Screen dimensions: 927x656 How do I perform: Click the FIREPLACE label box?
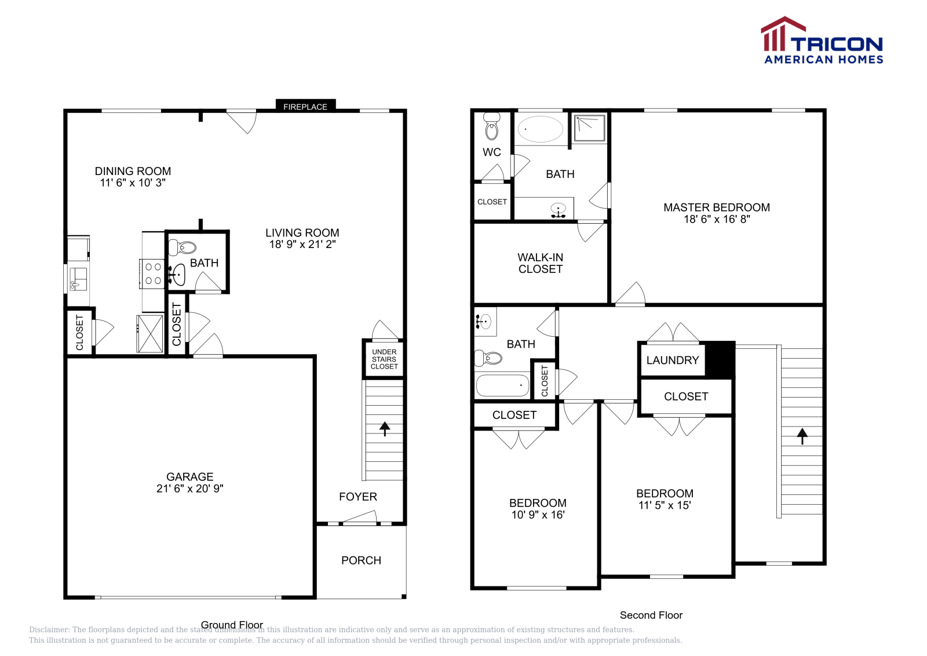tap(305, 106)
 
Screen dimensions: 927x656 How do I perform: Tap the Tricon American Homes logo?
tap(822, 40)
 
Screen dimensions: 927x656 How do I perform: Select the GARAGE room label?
tap(190, 476)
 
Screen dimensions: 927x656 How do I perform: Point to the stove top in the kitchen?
tap(152, 274)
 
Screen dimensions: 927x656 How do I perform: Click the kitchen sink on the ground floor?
tap(78, 279)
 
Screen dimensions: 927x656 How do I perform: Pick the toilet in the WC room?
tap(492, 126)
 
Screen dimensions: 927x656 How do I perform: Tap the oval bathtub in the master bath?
tap(540, 129)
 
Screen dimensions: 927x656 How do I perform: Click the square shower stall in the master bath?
tap(590, 128)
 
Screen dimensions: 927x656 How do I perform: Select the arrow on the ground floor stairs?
tap(385, 429)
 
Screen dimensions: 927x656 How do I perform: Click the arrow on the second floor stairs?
tap(802, 436)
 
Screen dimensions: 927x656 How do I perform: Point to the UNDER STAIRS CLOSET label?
tap(384, 359)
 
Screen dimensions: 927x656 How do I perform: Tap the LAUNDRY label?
tap(673, 360)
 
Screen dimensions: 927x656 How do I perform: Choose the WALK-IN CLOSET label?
tap(541, 263)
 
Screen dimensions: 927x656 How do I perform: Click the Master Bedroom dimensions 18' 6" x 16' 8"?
tap(717, 219)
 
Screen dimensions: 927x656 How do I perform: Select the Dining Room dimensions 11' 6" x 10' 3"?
tap(133, 183)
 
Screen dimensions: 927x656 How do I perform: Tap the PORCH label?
tap(361, 560)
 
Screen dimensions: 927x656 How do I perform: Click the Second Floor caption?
tap(651, 615)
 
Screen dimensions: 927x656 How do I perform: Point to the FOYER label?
tap(358, 496)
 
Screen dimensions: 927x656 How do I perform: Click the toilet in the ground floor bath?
tap(183, 247)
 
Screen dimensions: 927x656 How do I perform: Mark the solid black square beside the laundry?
tap(720, 359)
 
